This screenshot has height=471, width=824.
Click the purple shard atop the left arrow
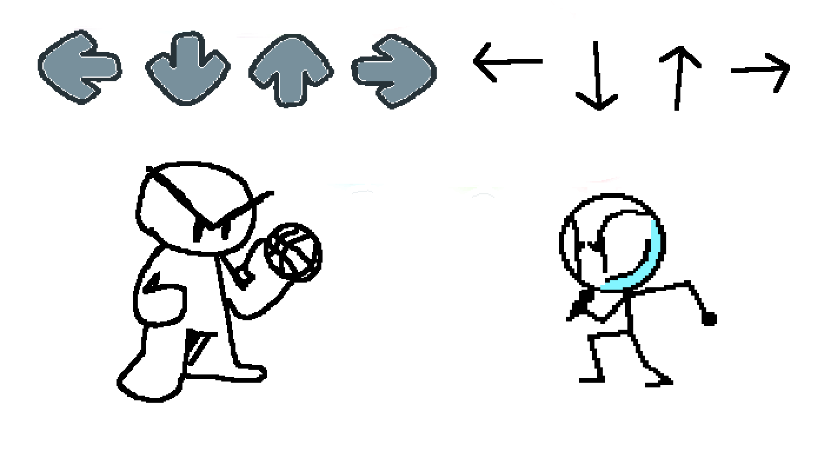click(x=82, y=29)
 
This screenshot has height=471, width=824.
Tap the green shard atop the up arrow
click(x=277, y=36)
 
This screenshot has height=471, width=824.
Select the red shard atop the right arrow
click(x=391, y=32)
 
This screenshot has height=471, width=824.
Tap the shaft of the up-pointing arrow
click(x=291, y=88)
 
